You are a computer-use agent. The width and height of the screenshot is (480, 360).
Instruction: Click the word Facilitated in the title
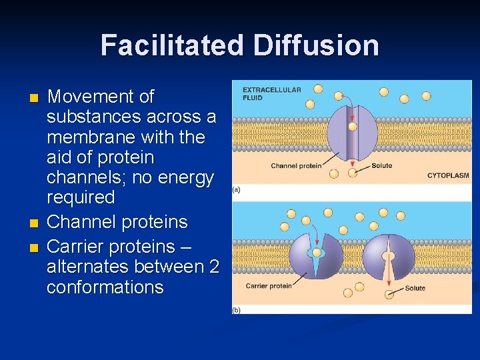[172, 45]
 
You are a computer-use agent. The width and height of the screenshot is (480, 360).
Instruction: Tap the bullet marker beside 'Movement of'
[34, 99]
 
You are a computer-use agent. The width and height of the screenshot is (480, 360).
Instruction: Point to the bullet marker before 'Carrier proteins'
[34, 248]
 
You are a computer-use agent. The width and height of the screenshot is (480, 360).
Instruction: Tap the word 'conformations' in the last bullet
[105, 287]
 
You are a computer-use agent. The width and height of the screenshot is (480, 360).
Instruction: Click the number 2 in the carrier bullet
[214, 267]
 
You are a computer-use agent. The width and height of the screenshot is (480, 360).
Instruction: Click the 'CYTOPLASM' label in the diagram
[447, 175]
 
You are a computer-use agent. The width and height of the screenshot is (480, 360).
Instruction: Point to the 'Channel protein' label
[296, 165]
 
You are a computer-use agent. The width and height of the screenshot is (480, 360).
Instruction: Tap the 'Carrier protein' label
[269, 286]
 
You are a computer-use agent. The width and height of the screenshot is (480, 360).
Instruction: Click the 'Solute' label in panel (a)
[381, 165]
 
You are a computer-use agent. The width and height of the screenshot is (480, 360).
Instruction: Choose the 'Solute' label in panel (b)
[415, 288]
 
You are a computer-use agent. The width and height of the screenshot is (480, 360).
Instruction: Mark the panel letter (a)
[237, 189]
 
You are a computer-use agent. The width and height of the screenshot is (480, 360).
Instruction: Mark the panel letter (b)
[237, 310]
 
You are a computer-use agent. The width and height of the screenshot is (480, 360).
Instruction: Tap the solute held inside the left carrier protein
[315, 253]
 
